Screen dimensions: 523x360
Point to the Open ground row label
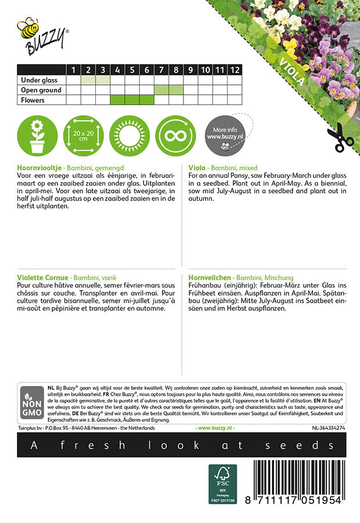click(x=41, y=90)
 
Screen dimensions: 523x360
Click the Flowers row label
click(x=33, y=100)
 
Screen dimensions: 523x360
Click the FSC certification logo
click(x=223, y=484)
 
